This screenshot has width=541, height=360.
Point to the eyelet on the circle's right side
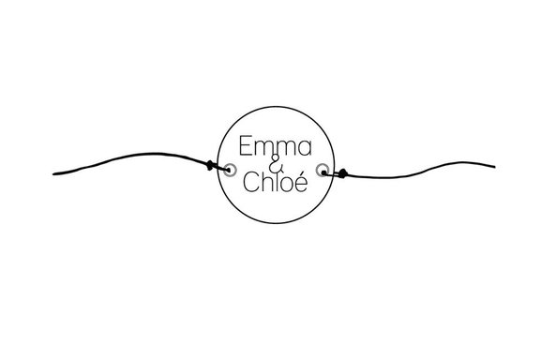[x=323, y=170]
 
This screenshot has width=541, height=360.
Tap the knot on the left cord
[x=210, y=167]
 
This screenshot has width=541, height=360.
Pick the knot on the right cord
[x=343, y=172]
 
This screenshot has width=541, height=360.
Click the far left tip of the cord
[x=55, y=173]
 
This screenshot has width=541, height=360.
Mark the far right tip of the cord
[x=493, y=167]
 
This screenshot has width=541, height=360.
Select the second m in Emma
[x=286, y=149]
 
